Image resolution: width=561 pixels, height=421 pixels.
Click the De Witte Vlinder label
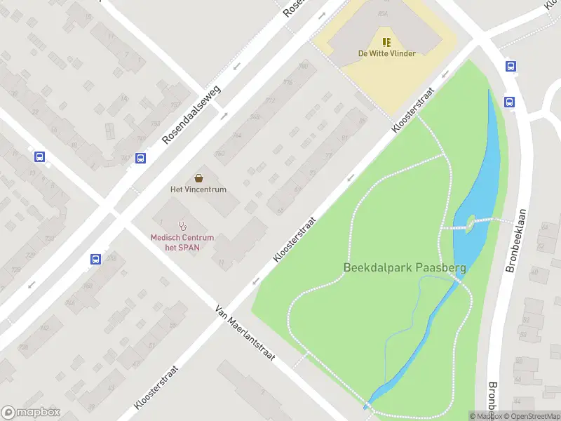(x=386, y=53)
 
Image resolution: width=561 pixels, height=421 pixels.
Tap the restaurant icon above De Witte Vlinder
(x=386, y=41)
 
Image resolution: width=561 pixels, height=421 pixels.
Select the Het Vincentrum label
(x=198, y=189)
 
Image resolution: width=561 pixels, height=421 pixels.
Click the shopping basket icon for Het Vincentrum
(x=199, y=178)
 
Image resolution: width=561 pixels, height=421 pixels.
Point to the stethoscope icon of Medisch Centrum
(x=183, y=226)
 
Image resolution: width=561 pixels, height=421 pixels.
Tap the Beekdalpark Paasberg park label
(x=405, y=267)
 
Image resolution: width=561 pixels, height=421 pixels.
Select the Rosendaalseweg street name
(x=191, y=114)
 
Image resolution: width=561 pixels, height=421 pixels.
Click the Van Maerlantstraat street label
(x=245, y=333)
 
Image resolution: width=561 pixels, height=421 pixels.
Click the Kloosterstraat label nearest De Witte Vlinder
(x=414, y=111)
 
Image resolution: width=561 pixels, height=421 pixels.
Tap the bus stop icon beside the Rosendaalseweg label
(x=140, y=158)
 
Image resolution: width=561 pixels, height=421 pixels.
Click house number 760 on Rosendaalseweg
(x=219, y=153)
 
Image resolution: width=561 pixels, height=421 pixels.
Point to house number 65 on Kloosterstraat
(x=280, y=209)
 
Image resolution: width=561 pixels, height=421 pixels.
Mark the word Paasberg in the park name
(x=440, y=267)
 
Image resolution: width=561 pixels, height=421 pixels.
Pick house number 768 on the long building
(x=255, y=116)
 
